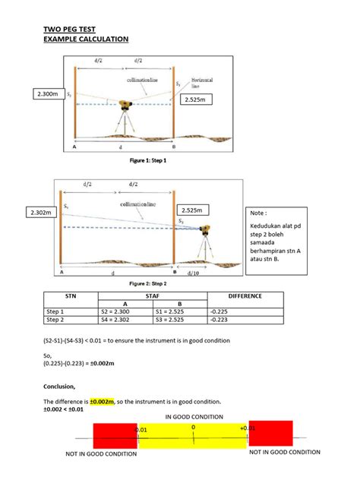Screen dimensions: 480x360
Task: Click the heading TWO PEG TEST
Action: (x=71, y=30)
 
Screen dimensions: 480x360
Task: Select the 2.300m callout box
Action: (x=46, y=93)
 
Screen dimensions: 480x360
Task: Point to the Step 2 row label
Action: (x=56, y=321)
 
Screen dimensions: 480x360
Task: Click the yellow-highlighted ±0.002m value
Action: (x=100, y=401)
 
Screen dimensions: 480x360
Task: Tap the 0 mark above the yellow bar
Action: (x=193, y=428)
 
